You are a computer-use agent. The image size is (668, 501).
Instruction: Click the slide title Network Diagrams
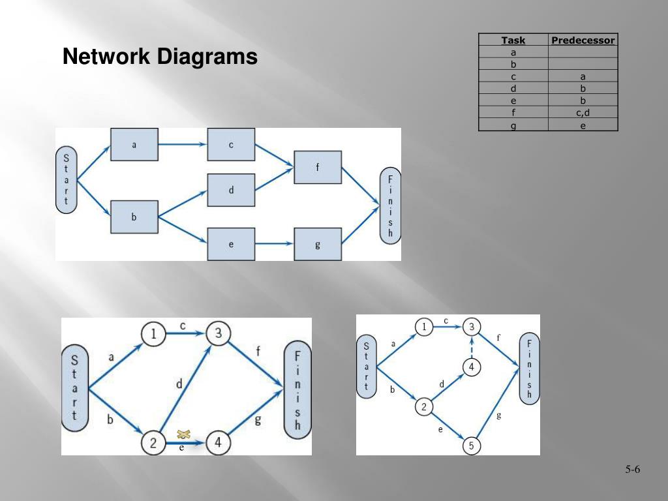(160, 57)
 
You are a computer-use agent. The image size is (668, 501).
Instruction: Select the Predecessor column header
(583, 40)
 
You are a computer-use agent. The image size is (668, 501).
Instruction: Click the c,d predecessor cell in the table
(583, 112)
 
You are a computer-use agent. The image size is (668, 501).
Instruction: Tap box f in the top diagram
(318, 168)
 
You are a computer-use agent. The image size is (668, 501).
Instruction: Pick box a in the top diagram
(134, 145)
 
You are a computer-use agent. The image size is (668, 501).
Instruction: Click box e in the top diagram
(231, 244)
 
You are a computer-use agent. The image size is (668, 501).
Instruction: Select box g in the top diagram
(318, 244)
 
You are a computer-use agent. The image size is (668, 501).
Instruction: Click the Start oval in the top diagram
(66, 179)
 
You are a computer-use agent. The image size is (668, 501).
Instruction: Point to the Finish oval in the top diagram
(390, 206)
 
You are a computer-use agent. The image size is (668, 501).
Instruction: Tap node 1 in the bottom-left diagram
(153, 334)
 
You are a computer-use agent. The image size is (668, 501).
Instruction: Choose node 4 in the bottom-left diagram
(218, 444)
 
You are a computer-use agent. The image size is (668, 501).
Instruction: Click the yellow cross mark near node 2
(183, 434)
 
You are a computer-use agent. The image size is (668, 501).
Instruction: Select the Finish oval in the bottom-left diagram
(297, 390)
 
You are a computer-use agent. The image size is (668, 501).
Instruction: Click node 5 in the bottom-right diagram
(472, 446)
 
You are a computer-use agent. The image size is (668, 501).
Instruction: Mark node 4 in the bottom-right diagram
(472, 368)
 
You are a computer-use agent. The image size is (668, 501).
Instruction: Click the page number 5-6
(632, 470)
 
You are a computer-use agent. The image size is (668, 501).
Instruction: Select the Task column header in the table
(513, 40)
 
